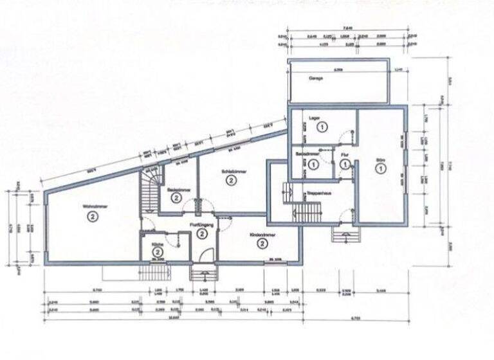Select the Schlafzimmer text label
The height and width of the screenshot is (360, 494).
230,171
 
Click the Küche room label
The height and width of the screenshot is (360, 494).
156,245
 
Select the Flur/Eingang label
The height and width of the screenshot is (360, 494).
201,224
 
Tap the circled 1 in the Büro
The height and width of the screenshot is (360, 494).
380,169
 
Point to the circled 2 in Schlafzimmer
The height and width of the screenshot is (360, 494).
230,181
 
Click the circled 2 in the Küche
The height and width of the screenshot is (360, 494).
156,253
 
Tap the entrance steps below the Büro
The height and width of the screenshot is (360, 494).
345,233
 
